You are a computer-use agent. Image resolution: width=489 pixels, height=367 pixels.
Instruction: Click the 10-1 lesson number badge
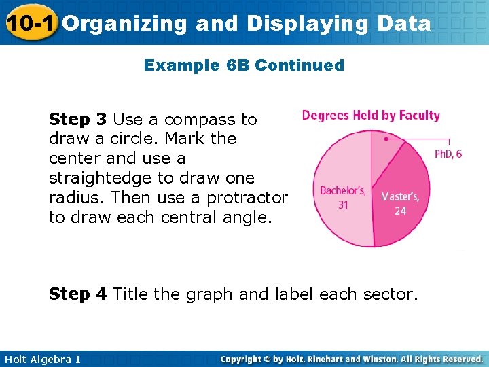[29, 23]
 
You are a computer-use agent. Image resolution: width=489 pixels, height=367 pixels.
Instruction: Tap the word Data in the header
[403, 24]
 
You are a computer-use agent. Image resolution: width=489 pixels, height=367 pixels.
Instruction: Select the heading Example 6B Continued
[244, 65]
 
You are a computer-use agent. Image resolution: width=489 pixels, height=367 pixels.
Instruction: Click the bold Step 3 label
[78, 120]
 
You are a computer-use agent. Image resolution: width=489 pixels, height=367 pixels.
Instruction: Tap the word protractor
[247, 198]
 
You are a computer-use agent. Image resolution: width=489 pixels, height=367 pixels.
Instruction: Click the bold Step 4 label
[78, 294]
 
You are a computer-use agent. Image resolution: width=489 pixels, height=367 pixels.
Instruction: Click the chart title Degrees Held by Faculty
[371, 116]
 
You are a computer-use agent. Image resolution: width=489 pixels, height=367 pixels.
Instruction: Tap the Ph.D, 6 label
[448, 154]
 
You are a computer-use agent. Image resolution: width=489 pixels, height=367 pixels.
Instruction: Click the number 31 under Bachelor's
[344, 204]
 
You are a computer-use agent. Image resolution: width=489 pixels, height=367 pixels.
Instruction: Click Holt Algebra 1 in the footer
[41, 359]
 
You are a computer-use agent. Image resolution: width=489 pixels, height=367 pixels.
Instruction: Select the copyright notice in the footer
[351, 359]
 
